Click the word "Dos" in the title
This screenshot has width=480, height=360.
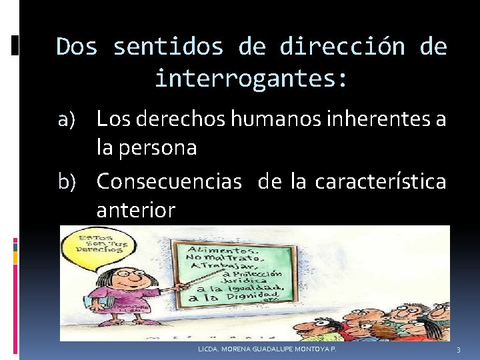click(77, 47)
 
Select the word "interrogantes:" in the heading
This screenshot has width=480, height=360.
click(251, 79)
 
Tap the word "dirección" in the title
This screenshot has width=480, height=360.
click(342, 47)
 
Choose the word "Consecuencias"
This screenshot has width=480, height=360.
click(169, 181)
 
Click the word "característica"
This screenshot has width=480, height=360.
click(380, 181)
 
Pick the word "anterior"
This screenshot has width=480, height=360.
click(136, 211)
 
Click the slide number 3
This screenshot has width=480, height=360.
click(459, 350)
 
